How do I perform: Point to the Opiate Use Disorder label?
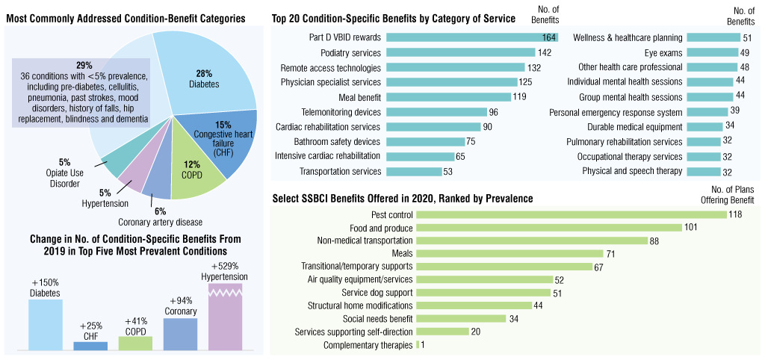[64, 173]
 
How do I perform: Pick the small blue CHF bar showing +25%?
[90, 346]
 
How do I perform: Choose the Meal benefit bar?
[449, 97]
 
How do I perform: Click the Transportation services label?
[340, 172]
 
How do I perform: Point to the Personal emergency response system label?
[616, 112]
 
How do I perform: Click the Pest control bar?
[571, 214]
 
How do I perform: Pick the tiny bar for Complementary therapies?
[417, 345]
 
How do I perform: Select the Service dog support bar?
[483, 293]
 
